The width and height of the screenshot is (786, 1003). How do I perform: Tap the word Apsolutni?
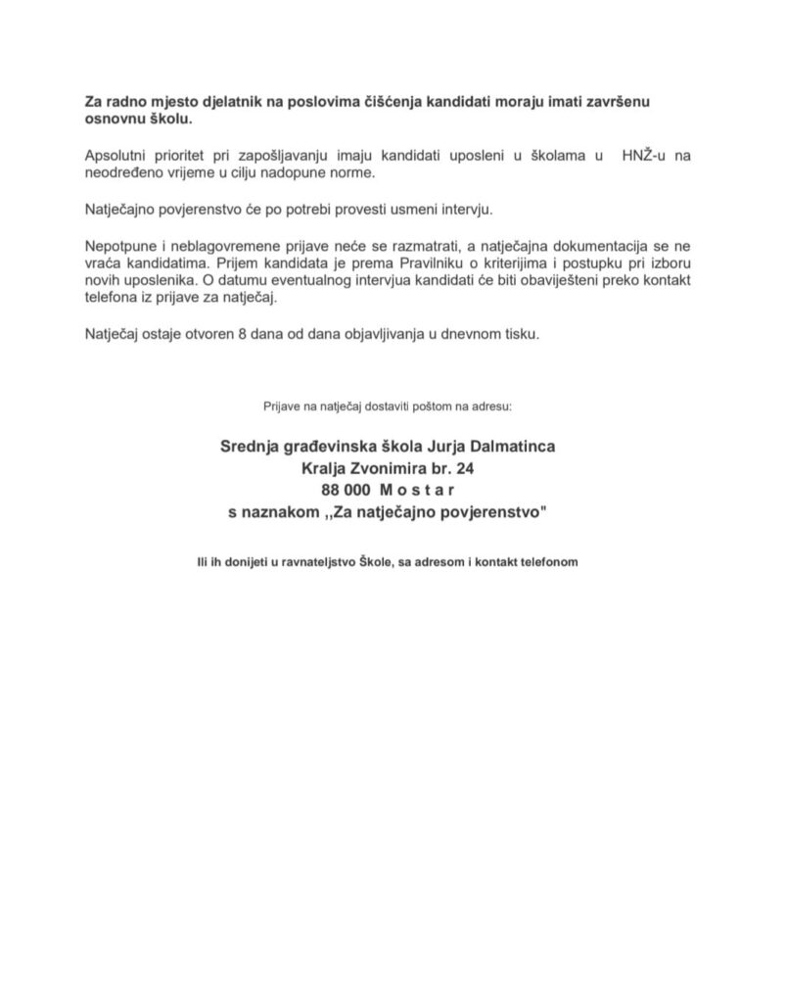tap(118, 156)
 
